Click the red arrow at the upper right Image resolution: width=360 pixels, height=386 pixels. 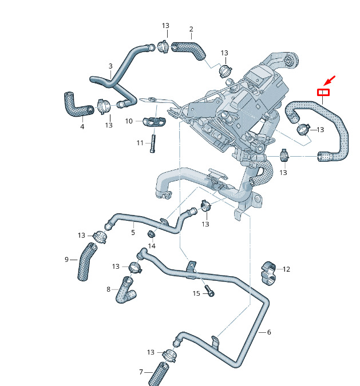click(x=330, y=81)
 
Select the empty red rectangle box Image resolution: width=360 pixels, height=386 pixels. click(x=323, y=92)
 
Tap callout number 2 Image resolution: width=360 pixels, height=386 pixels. click(x=191, y=29)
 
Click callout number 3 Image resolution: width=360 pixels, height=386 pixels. click(x=110, y=66)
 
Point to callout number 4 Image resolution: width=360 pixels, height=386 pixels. click(x=82, y=126)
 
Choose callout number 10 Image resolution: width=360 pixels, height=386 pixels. click(x=129, y=121)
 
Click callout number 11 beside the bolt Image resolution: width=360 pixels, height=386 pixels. click(x=140, y=143)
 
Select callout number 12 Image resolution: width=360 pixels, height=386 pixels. click(x=286, y=269)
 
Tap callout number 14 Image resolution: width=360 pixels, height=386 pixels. click(x=152, y=246)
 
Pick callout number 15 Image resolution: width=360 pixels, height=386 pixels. click(x=196, y=293)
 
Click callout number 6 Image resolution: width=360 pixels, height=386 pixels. click(x=269, y=332)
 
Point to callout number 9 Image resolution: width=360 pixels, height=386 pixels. click(x=66, y=260)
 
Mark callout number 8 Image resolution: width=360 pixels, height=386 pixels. click(x=108, y=289)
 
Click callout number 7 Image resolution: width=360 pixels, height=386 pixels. click(x=141, y=372)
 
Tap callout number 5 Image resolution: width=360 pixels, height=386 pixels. click(x=133, y=232)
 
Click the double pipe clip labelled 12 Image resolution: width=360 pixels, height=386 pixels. click(x=268, y=273)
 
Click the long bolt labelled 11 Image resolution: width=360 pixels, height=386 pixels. click(x=153, y=144)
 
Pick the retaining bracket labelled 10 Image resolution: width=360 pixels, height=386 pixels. click(x=155, y=121)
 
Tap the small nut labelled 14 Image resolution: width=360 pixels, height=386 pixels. click(x=151, y=234)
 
